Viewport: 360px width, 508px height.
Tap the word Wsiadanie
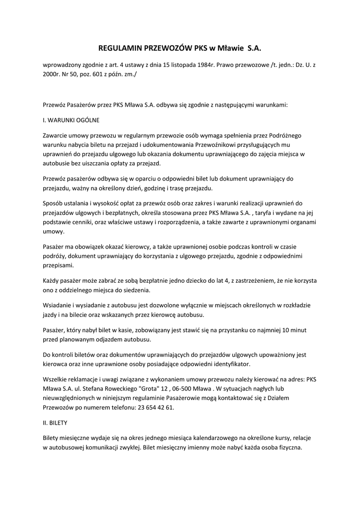59,306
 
